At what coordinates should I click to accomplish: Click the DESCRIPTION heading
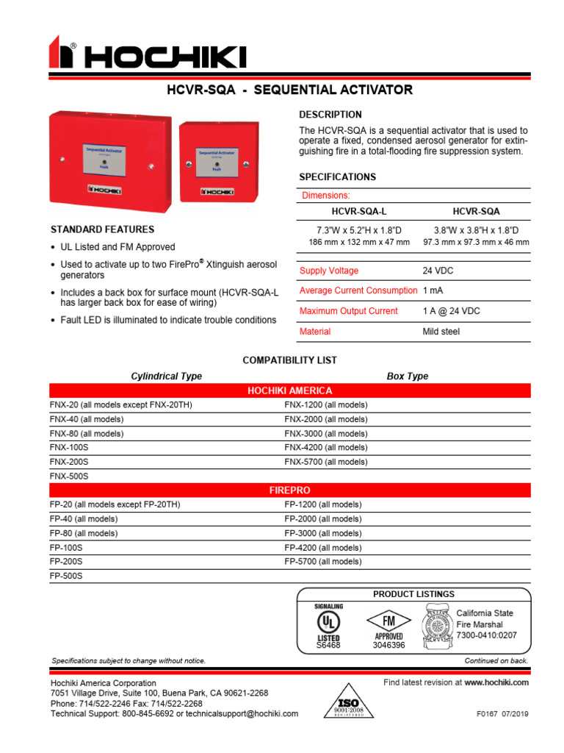pyautogui.click(x=330, y=115)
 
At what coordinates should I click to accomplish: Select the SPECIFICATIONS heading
pyautogui.click(x=337, y=177)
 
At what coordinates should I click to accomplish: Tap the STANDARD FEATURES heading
pyautogui.click(x=102, y=229)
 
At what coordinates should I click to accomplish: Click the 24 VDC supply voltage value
pyautogui.click(x=438, y=271)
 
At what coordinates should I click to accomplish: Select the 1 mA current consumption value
pyautogui.click(x=433, y=290)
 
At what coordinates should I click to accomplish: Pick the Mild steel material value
pyautogui.click(x=441, y=332)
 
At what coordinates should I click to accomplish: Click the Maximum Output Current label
pyautogui.click(x=348, y=311)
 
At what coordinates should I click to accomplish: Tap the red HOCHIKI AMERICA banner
pyautogui.click(x=289, y=390)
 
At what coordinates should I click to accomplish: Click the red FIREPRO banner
pyautogui.click(x=289, y=490)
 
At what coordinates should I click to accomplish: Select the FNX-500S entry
pyautogui.click(x=69, y=477)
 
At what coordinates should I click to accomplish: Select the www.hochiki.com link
pyautogui.click(x=496, y=682)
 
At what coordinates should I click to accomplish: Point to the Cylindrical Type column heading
pyautogui.click(x=166, y=376)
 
